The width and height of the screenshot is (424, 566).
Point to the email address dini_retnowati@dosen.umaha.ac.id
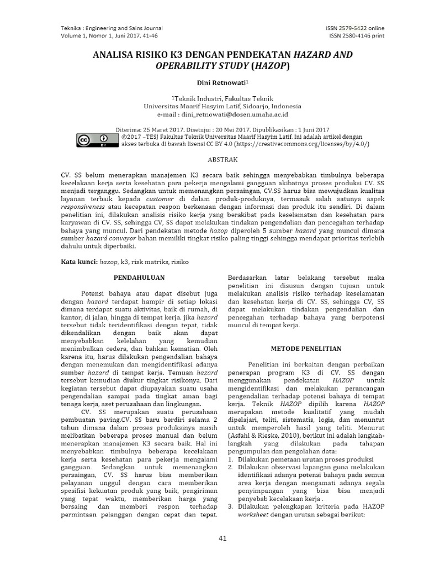coord(238,114)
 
